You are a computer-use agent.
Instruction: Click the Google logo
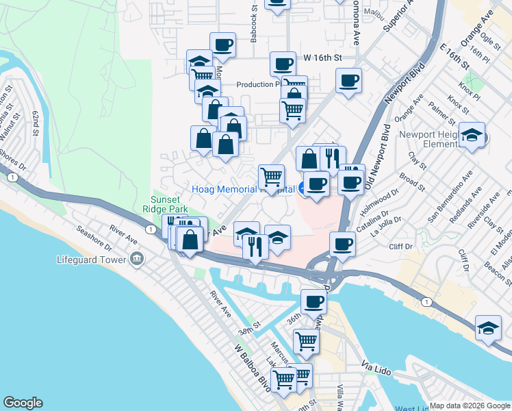(x=23, y=403)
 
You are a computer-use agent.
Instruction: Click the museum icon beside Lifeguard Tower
(x=136, y=260)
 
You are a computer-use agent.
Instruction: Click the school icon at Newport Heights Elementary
(x=471, y=134)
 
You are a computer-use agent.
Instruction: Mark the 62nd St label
(x=34, y=125)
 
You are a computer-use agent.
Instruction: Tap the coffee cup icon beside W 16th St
(x=282, y=64)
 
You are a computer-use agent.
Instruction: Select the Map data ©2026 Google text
(x=469, y=406)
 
